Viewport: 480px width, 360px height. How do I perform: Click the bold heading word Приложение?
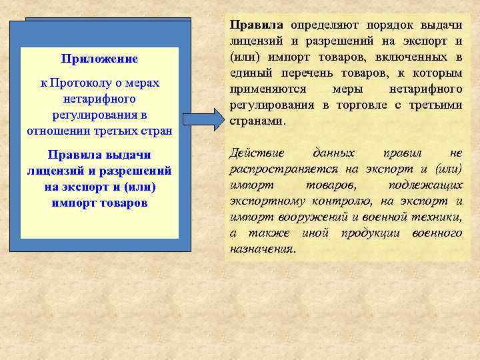[x=99, y=59]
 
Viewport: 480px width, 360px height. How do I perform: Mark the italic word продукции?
[x=369, y=233]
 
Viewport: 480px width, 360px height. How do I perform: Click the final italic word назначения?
[x=261, y=249]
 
